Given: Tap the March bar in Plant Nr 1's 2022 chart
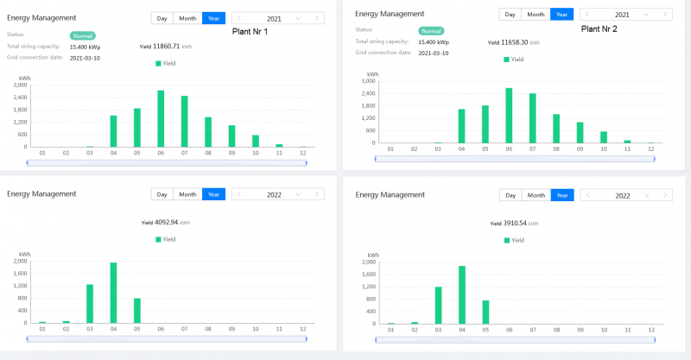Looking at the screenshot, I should [x=90, y=303].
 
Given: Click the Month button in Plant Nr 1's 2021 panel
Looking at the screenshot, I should [x=187, y=17].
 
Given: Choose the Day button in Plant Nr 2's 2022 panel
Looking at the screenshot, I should [x=510, y=195].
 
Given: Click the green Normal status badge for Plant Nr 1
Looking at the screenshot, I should [x=83, y=35].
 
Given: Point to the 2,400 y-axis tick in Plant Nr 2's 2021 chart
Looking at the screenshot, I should [x=368, y=93].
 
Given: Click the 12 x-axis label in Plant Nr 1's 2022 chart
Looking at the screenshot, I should [x=302, y=330].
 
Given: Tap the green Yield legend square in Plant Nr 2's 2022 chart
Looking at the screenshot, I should [x=507, y=239].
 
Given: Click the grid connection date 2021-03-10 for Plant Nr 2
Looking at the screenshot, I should [x=436, y=53].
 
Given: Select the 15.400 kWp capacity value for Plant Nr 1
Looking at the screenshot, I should [x=86, y=46].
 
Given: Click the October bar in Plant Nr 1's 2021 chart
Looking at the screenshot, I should [x=256, y=141].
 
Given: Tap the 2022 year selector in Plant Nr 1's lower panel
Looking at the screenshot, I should [x=277, y=194].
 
